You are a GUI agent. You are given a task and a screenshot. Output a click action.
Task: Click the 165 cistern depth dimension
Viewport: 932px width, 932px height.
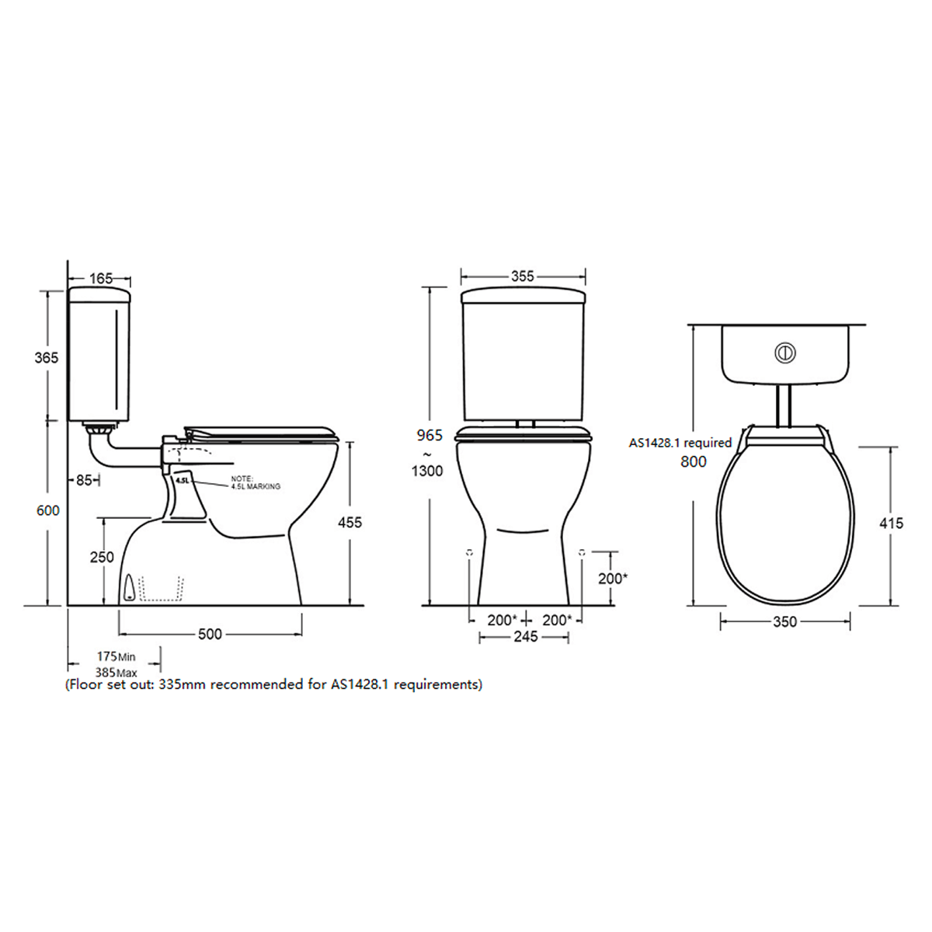pyautogui.click(x=101, y=278)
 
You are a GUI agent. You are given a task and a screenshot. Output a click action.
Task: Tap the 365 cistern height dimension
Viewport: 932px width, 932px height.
pyautogui.click(x=47, y=358)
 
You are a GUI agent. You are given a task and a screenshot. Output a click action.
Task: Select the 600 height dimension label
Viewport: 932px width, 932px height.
pyautogui.click(x=47, y=510)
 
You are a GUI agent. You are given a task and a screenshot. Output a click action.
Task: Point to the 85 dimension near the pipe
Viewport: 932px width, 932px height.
pyautogui.click(x=84, y=480)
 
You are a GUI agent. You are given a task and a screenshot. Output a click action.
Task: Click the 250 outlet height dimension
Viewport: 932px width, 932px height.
pyautogui.click(x=102, y=557)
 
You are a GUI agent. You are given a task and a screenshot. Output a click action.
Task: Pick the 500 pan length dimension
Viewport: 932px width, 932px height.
pyautogui.click(x=210, y=634)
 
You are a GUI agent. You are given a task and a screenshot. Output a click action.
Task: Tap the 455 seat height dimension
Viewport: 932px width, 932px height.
pyautogui.click(x=349, y=523)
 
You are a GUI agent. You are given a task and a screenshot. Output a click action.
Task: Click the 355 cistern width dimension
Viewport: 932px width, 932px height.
pyautogui.click(x=523, y=276)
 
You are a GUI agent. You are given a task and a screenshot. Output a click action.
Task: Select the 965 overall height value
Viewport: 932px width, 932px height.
pyautogui.click(x=429, y=436)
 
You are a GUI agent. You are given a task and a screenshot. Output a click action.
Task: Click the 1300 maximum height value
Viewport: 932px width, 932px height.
pyautogui.click(x=427, y=471)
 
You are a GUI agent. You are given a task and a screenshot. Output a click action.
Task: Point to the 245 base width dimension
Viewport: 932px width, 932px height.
pyautogui.click(x=526, y=637)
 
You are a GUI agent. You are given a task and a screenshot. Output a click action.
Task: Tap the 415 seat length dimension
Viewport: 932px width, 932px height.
pyautogui.click(x=891, y=523)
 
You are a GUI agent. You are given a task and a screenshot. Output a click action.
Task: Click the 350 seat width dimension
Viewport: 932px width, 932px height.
pyautogui.click(x=784, y=621)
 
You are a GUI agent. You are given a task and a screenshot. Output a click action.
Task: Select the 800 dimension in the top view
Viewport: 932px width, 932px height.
pyautogui.click(x=693, y=462)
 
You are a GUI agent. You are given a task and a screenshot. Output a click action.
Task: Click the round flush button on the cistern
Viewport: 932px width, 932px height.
pyautogui.click(x=785, y=353)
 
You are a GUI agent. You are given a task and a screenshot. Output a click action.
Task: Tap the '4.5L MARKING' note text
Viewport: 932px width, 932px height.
pyautogui.click(x=256, y=486)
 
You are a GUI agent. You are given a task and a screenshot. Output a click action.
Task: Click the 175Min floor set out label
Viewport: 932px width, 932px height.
pyautogui.click(x=116, y=657)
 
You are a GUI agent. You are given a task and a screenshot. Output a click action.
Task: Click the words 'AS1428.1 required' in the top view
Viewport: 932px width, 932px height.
pyautogui.click(x=680, y=443)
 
